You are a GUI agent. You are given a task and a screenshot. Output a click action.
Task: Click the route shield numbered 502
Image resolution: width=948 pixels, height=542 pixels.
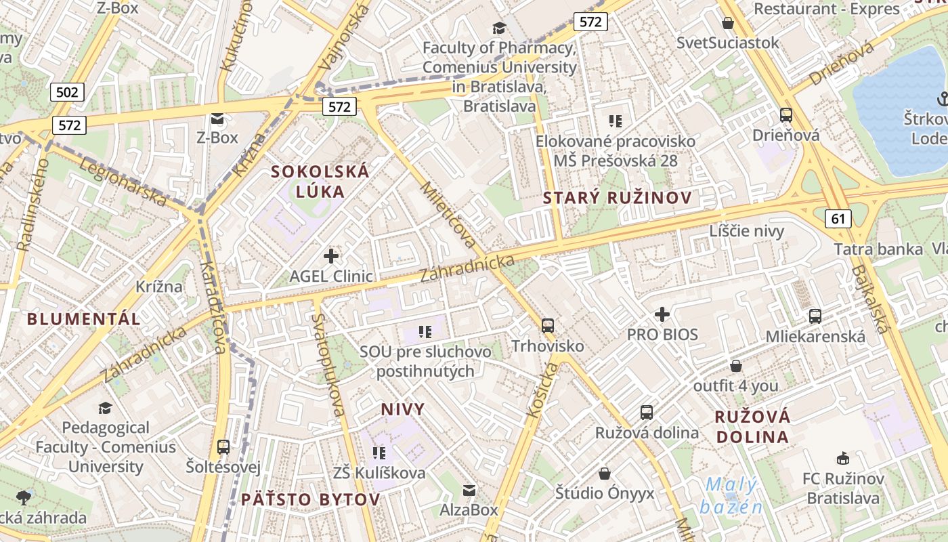(x=67, y=91)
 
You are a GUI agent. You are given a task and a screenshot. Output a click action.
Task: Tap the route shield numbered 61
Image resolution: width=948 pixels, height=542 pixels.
(x=838, y=217)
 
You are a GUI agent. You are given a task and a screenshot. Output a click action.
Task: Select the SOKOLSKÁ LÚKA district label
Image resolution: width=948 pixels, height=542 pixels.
(x=320, y=181)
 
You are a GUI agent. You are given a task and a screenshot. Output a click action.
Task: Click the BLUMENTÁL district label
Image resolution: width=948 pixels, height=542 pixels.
(x=84, y=318)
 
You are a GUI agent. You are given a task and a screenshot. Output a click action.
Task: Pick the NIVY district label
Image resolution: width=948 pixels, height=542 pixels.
(x=403, y=409)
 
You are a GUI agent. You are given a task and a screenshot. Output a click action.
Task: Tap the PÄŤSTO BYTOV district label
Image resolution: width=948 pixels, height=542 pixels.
(x=310, y=500)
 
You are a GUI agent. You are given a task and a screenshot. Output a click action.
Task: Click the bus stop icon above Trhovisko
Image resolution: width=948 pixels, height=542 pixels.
(x=548, y=325)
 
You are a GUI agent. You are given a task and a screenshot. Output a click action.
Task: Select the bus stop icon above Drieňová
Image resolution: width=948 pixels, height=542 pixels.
(x=786, y=114)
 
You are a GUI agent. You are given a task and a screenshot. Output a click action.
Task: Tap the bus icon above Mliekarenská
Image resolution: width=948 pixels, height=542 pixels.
(x=815, y=316)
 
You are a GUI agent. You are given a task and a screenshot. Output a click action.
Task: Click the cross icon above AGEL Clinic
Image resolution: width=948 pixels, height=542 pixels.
(x=331, y=255)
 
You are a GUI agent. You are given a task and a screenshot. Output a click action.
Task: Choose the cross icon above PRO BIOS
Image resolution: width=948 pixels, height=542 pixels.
(x=662, y=314)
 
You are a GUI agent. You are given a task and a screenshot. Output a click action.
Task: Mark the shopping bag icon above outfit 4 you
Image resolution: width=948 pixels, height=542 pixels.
(x=736, y=366)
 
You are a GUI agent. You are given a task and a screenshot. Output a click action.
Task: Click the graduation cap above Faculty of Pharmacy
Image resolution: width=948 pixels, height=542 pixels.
(x=499, y=28)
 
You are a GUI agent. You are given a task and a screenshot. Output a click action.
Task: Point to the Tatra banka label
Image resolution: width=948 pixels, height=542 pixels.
(x=878, y=249)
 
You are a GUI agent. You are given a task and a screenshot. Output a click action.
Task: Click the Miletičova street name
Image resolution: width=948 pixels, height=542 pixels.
(x=448, y=214)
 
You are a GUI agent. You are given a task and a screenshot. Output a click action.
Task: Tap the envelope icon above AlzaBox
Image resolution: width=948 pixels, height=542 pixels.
(x=469, y=490)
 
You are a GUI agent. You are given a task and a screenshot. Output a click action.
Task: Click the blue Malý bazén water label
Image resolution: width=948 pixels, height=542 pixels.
(x=731, y=496)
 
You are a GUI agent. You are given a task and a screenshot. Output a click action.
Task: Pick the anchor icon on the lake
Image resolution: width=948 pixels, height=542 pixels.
(x=941, y=100)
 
